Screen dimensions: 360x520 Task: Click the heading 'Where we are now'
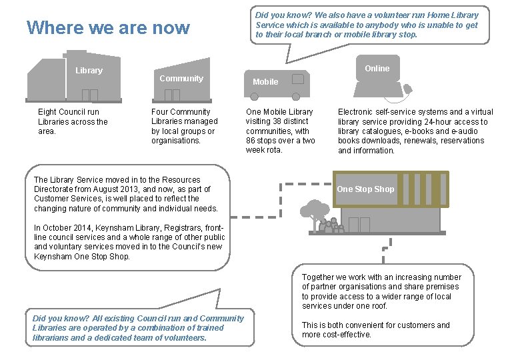pyautogui.click(x=108, y=28)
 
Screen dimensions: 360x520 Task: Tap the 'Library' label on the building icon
pyautogui.click(x=89, y=71)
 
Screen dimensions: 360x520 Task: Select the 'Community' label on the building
pyautogui.click(x=181, y=79)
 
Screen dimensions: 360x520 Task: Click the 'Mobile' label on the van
pyautogui.click(x=265, y=82)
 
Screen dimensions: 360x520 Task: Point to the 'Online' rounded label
pyautogui.click(x=377, y=69)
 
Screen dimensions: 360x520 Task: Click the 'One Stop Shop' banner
pyautogui.click(x=365, y=189)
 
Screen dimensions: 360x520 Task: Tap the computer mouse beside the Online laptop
pyautogui.click(x=409, y=88)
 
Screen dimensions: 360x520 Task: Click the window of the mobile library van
pyautogui.click(x=297, y=78)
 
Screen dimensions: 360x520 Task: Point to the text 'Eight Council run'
pyautogui.click(x=69, y=112)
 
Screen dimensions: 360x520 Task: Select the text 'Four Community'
pyautogui.click(x=181, y=112)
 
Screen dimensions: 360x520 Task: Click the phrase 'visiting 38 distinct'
pyautogui.click(x=277, y=121)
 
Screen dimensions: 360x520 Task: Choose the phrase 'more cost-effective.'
pyautogui.click(x=337, y=335)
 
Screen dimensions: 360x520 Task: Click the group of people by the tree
pyautogui.click(x=331, y=227)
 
